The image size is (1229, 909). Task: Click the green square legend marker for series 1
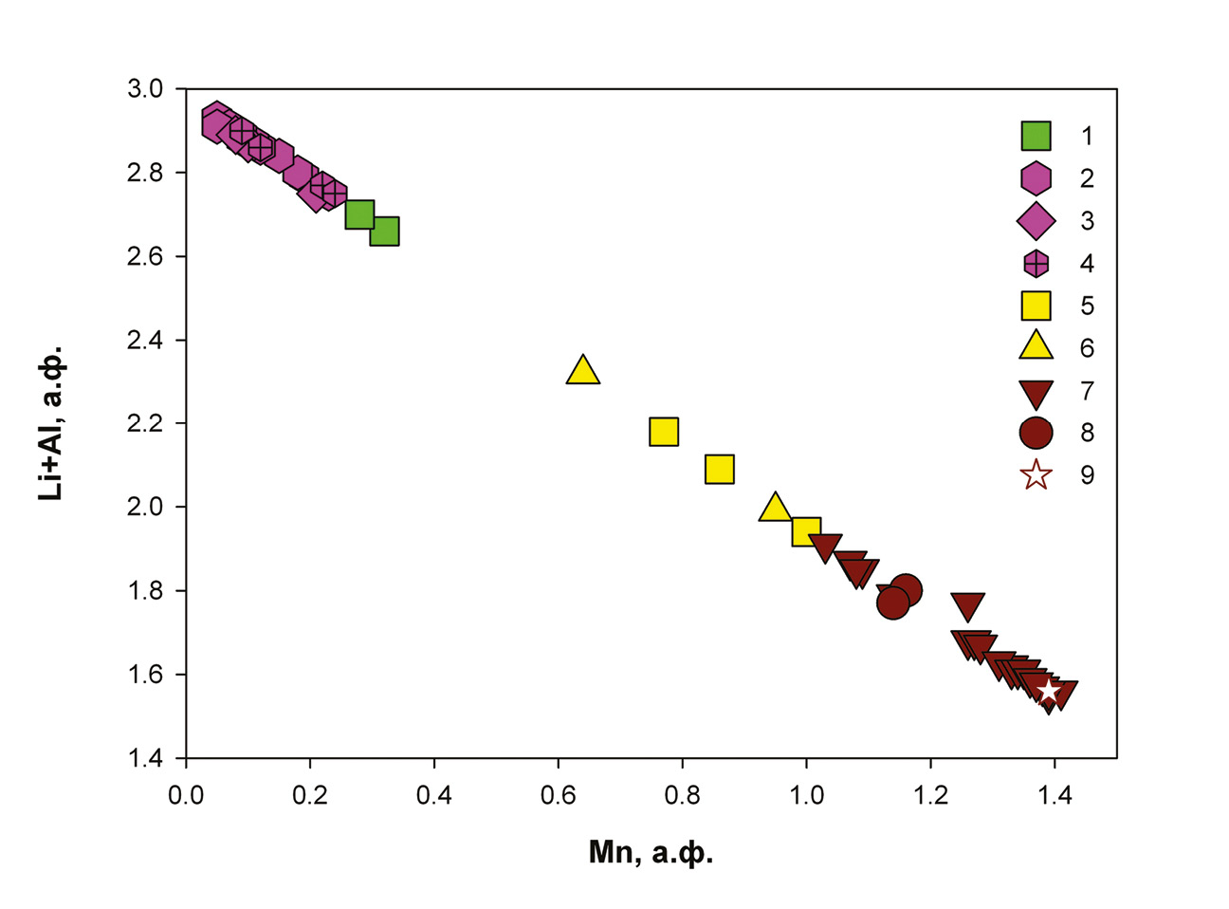pyautogui.click(x=1036, y=136)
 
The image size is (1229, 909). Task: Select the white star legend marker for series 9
pyautogui.click(x=1036, y=474)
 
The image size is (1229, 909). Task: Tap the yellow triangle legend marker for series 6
pyautogui.click(x=1036, y=346)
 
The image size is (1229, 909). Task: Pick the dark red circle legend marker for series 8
pyautogui.click(x=1036, y=433)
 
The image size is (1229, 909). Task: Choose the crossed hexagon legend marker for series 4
pyautogui.click(x=1036, y=263)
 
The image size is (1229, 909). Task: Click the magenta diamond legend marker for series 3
pyautogui.click(x=1036, y=220)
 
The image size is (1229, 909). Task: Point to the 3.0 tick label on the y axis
pyautogui.click(x=144, y=89)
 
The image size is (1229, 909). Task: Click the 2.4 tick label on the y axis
pyautogui.click(x=144, y=341)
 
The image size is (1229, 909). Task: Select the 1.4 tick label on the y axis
pyautogui.click(x=144, y=759)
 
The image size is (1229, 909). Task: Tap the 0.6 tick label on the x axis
pyautogui.click(x=558, y=795)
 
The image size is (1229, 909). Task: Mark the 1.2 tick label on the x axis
pyautogui.click(x=930, y=795)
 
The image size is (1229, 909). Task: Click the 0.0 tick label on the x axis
pyautogui.click(x=186, y=795)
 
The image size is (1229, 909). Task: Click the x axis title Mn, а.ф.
pyautogui.click(x=651, y=853)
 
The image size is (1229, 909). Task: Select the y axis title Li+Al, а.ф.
pyautogui.click(x=52, y=423)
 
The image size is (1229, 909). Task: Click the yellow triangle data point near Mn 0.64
pyautogui.click(x=583, y=371)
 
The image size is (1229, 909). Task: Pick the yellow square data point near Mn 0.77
pyautogui.click(x=664, y=432)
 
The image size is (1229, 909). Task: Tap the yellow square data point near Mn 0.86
pyautogui.click(x=720, y=469)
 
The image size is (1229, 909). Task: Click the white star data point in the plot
pyautogui.click(x=1048, y=691)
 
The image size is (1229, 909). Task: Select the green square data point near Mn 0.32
pyautogui.click(x=384, y=231)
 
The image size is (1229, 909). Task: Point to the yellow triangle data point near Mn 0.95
pyautogui.click(x=776, y=508)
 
